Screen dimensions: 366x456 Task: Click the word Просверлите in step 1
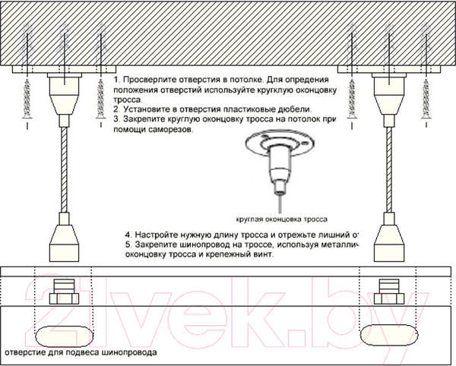149,80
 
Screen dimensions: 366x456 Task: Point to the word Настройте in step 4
160,235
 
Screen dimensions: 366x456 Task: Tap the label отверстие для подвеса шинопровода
81,353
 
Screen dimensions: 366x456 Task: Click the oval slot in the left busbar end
62,334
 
